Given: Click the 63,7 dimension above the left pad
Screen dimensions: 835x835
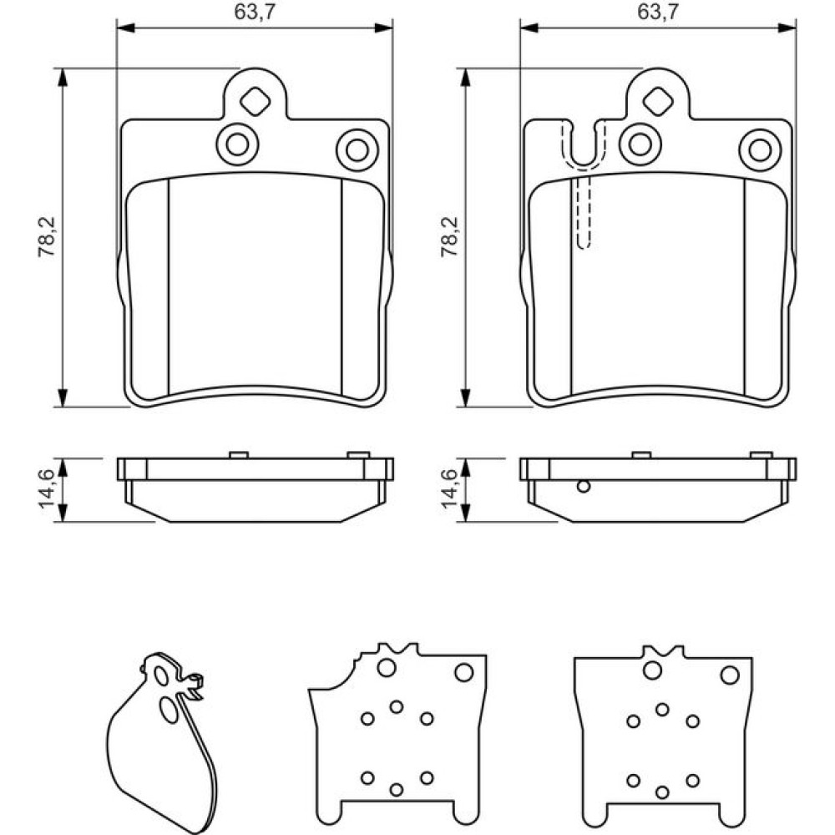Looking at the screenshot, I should pos(255,13).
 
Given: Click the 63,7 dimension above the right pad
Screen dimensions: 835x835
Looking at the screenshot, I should pos(657,13).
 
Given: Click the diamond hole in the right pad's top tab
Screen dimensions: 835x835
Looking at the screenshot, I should pos(657,102).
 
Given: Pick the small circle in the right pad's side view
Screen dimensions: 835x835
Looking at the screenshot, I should pos(584,487).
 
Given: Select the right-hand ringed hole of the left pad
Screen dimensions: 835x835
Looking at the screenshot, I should pos(357,150).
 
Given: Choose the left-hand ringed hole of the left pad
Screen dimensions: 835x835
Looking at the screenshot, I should pos(237,144).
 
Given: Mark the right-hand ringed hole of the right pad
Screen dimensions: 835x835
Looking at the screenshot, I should pos(760,150).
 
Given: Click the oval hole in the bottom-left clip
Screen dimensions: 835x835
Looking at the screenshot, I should pos(170,711).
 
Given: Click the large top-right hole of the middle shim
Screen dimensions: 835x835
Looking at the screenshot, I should pos(463,671).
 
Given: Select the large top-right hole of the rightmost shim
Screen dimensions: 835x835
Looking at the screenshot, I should pos(730,675).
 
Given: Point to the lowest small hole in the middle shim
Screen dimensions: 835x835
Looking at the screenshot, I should pos(397,789).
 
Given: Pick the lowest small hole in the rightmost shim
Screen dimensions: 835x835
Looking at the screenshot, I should pos(662,792).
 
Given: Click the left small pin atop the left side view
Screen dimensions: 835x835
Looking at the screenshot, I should pos(238,454).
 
